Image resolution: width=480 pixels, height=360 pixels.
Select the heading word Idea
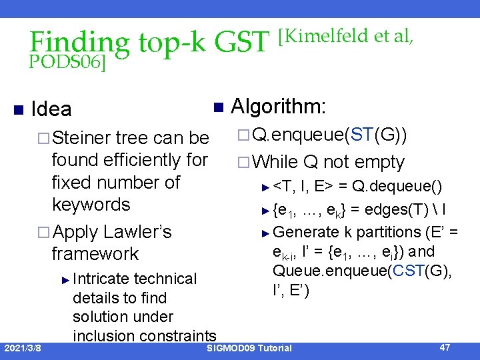point(51,109)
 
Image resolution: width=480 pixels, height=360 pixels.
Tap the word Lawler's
point(138,232)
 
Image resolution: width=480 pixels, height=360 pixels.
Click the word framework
point(95,254)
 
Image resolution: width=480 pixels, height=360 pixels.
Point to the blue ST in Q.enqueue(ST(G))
point(361,137)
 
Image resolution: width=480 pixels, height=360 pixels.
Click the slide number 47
point(445,347)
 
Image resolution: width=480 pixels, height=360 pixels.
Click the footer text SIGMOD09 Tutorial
point(249,348)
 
